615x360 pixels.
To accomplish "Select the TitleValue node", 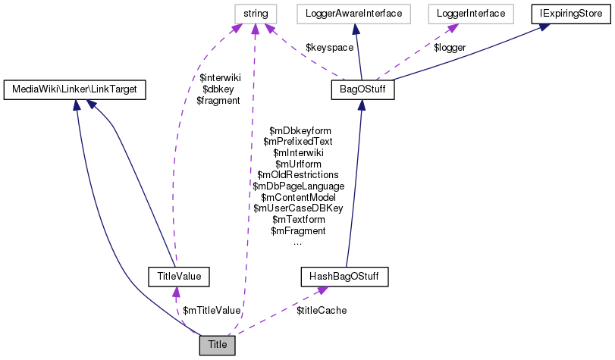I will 179,277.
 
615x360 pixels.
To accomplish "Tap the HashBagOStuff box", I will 344,277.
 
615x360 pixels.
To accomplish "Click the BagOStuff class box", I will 359,90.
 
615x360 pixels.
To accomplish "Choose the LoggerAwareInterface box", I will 353,13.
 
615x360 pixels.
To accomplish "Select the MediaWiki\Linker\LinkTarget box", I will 74,90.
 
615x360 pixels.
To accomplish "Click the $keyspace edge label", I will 329,47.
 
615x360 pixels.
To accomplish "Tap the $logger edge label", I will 449,47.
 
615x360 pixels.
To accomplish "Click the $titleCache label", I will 322,311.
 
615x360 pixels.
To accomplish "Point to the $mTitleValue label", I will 212,310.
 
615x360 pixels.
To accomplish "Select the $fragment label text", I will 218,100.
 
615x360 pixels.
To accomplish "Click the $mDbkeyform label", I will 300,131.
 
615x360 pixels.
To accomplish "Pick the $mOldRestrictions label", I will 298,175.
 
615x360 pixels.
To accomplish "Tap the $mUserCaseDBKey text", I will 298,208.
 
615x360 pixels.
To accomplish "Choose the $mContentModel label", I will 298,197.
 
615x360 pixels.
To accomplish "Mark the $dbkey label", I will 219,89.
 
